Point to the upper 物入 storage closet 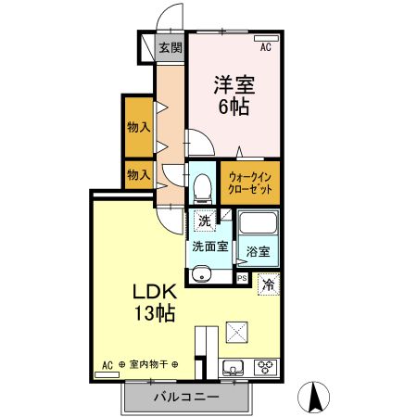138,126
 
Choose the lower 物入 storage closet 138,174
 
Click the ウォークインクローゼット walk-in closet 249,181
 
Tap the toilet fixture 201,186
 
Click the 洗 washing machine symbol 202,221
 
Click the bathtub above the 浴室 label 258,225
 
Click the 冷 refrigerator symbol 268,285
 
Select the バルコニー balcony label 186,397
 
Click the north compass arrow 315,396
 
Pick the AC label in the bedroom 265,46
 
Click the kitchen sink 234,364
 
